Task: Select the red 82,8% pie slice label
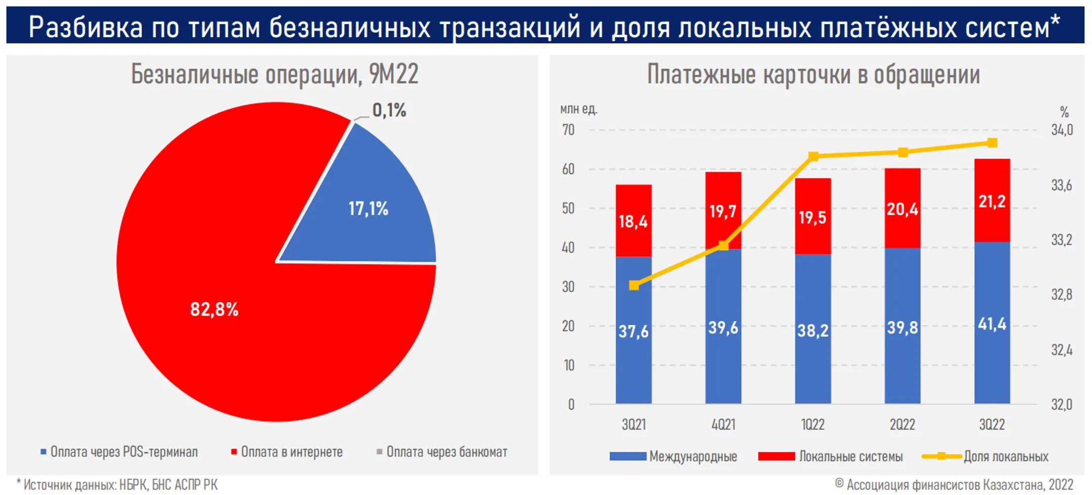[x=214, y=309]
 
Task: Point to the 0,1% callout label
[x=389, y=110]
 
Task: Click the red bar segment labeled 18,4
[x=633, y=221]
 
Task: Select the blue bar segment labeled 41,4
[x=992, y=324]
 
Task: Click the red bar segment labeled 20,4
[x=902, y=208]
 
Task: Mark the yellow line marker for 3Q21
[x=634, y=285]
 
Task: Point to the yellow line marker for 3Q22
[x=992, y=143]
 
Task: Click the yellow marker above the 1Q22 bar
[x=813, y=156]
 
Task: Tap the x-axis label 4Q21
[x=723, y=424]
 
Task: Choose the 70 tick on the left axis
[x=568, y=130]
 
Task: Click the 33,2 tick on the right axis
[x=1061, y=240]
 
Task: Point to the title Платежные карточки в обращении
[x=813, y=75]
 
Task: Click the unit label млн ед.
[x=578, y=109]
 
